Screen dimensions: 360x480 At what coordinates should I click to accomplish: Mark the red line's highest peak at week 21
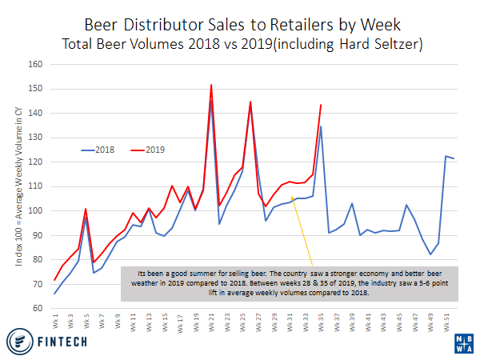click(211, 85)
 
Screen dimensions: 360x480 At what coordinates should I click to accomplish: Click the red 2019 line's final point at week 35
click(321, 105)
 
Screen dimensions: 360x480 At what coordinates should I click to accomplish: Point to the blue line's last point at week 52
click(454, 158)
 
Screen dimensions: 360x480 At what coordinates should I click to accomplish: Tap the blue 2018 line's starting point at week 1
click(54, 294)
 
